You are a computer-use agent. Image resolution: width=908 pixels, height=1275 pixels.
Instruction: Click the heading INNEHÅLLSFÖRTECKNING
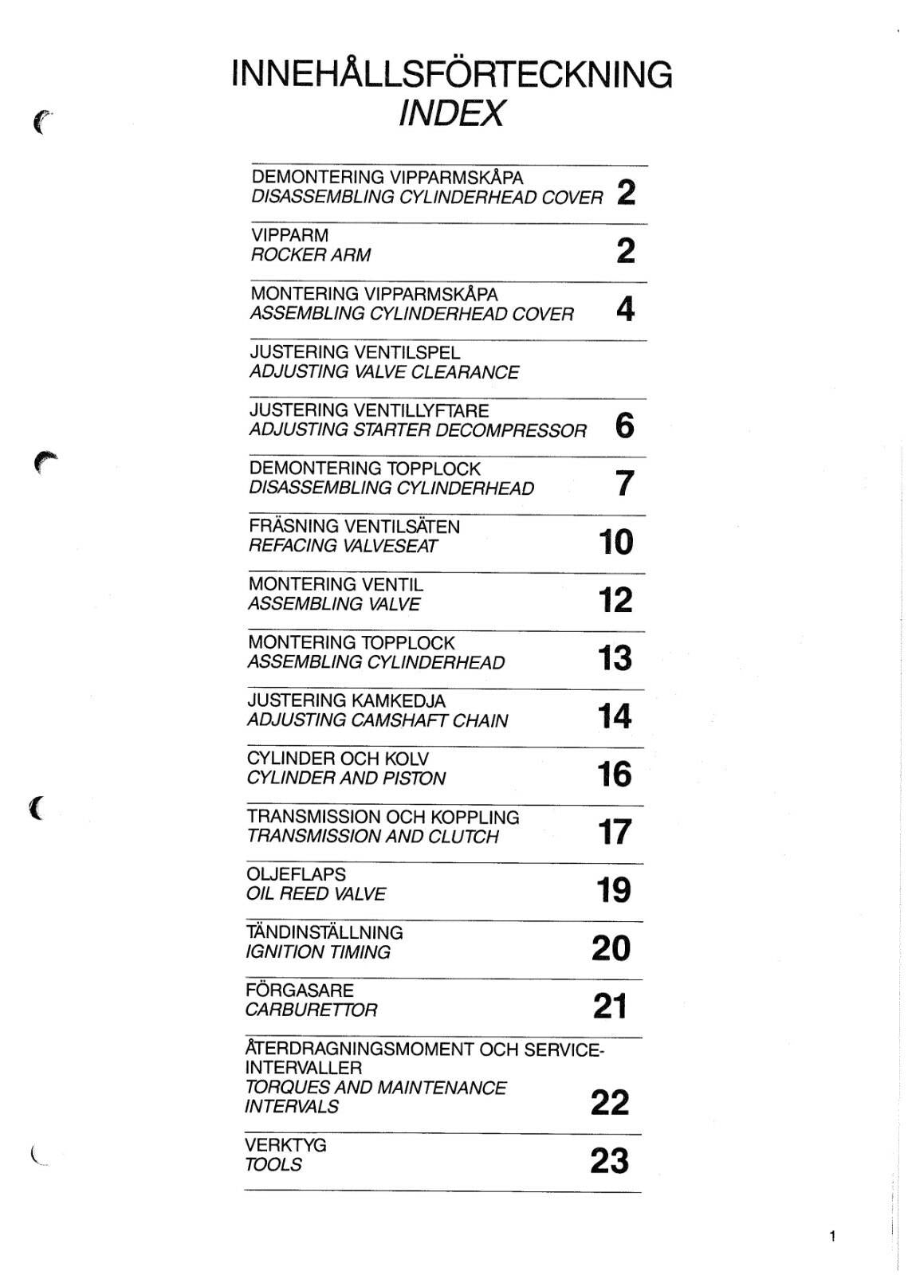click(x=451, y=74)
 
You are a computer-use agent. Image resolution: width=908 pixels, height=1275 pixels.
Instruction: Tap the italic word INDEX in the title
click(x=451, y=113)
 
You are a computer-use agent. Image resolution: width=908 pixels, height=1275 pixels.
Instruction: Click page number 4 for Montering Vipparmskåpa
click(x=625, y=309)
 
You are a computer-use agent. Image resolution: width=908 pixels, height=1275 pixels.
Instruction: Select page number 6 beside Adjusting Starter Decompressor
click(x=625, y=426)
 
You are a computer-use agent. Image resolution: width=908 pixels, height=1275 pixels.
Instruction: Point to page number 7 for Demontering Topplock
click(x=625, y=484)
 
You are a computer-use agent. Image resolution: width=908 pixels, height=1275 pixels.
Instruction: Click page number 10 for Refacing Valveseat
click(x=615, y=542)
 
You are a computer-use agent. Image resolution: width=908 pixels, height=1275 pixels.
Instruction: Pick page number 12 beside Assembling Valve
click(x=615, y=600)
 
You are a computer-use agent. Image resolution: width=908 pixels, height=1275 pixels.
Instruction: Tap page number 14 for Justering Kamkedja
click(x=615, y=716)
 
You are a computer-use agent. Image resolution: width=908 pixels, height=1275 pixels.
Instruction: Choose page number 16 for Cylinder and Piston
click(x=614, y=775)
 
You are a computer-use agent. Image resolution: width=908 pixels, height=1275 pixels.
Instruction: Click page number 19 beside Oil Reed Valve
click(x=614, y=890)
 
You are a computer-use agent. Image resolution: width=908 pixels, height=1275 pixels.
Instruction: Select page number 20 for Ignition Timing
click(x=611, y=948)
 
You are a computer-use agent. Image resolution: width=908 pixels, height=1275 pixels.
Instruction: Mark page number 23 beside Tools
click(x=609, y=1161)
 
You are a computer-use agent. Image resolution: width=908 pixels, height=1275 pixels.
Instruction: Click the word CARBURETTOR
click(x=311, y=1010)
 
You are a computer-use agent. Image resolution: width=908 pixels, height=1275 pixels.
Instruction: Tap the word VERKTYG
click(x=285, y=1145)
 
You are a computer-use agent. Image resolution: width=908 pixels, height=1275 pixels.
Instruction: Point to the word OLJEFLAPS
click(x=296, y=874)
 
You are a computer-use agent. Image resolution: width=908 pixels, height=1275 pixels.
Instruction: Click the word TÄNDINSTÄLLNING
click(x=324, y=932)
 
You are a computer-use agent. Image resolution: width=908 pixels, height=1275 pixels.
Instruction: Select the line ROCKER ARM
click(x=310, y=255)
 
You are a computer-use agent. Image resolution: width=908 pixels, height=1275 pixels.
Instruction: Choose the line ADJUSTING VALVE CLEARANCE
click(x=383, y=372)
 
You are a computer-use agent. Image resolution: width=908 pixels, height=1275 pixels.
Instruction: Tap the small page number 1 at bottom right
click(x=832, y=1237)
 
